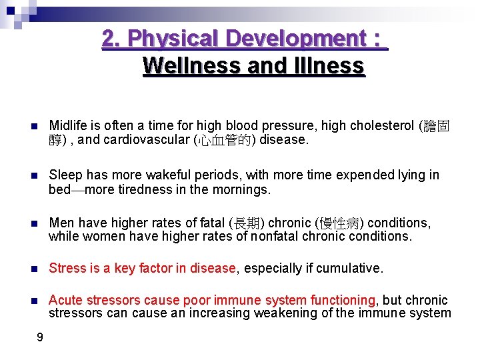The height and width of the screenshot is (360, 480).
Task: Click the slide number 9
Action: (x=40, y=337)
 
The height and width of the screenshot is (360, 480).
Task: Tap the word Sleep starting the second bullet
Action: (x=65, y=175)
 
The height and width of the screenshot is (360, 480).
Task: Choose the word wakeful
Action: (x=169, y=175)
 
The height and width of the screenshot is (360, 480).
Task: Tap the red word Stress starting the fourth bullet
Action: (x=67, y=268)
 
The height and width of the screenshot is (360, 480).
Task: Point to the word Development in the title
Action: (x=283, y=38)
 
